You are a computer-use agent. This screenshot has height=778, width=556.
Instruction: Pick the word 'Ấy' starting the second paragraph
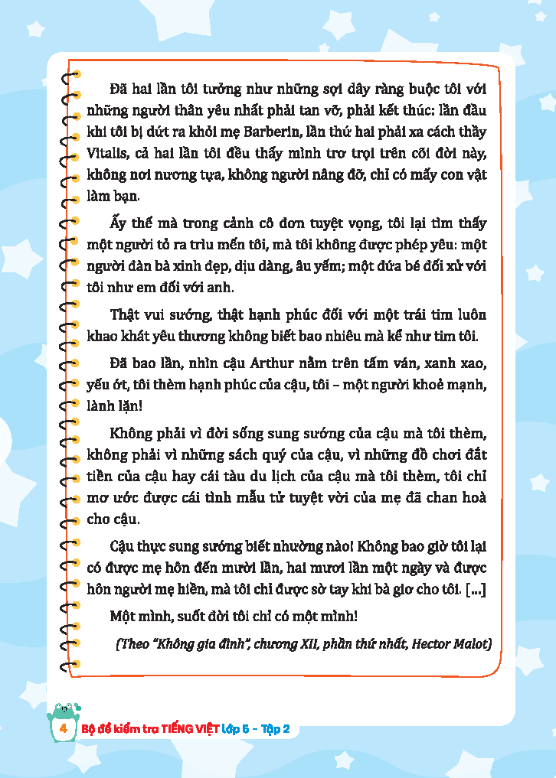click(119, 223)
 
